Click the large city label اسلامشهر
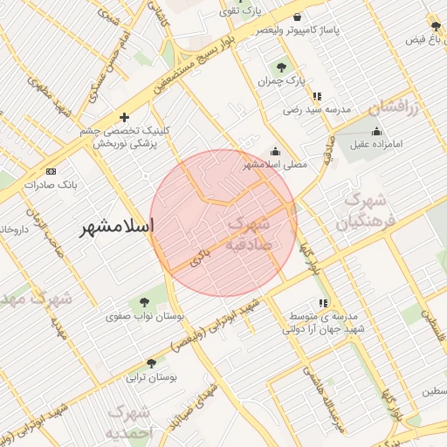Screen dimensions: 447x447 (115, 227)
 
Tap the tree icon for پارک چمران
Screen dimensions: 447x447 (281, 66)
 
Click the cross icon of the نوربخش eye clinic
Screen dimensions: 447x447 (125, 117)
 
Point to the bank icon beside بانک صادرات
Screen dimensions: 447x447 (51, 171)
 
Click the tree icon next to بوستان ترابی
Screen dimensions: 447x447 (152, 362)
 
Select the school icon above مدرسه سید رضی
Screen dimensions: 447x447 (316, 96)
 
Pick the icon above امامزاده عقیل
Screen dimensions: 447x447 (377, 132)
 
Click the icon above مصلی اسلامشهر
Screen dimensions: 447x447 (276, 150)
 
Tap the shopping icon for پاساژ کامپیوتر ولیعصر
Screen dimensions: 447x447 (298, 17)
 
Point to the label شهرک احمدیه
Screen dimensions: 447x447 (128, 422)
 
